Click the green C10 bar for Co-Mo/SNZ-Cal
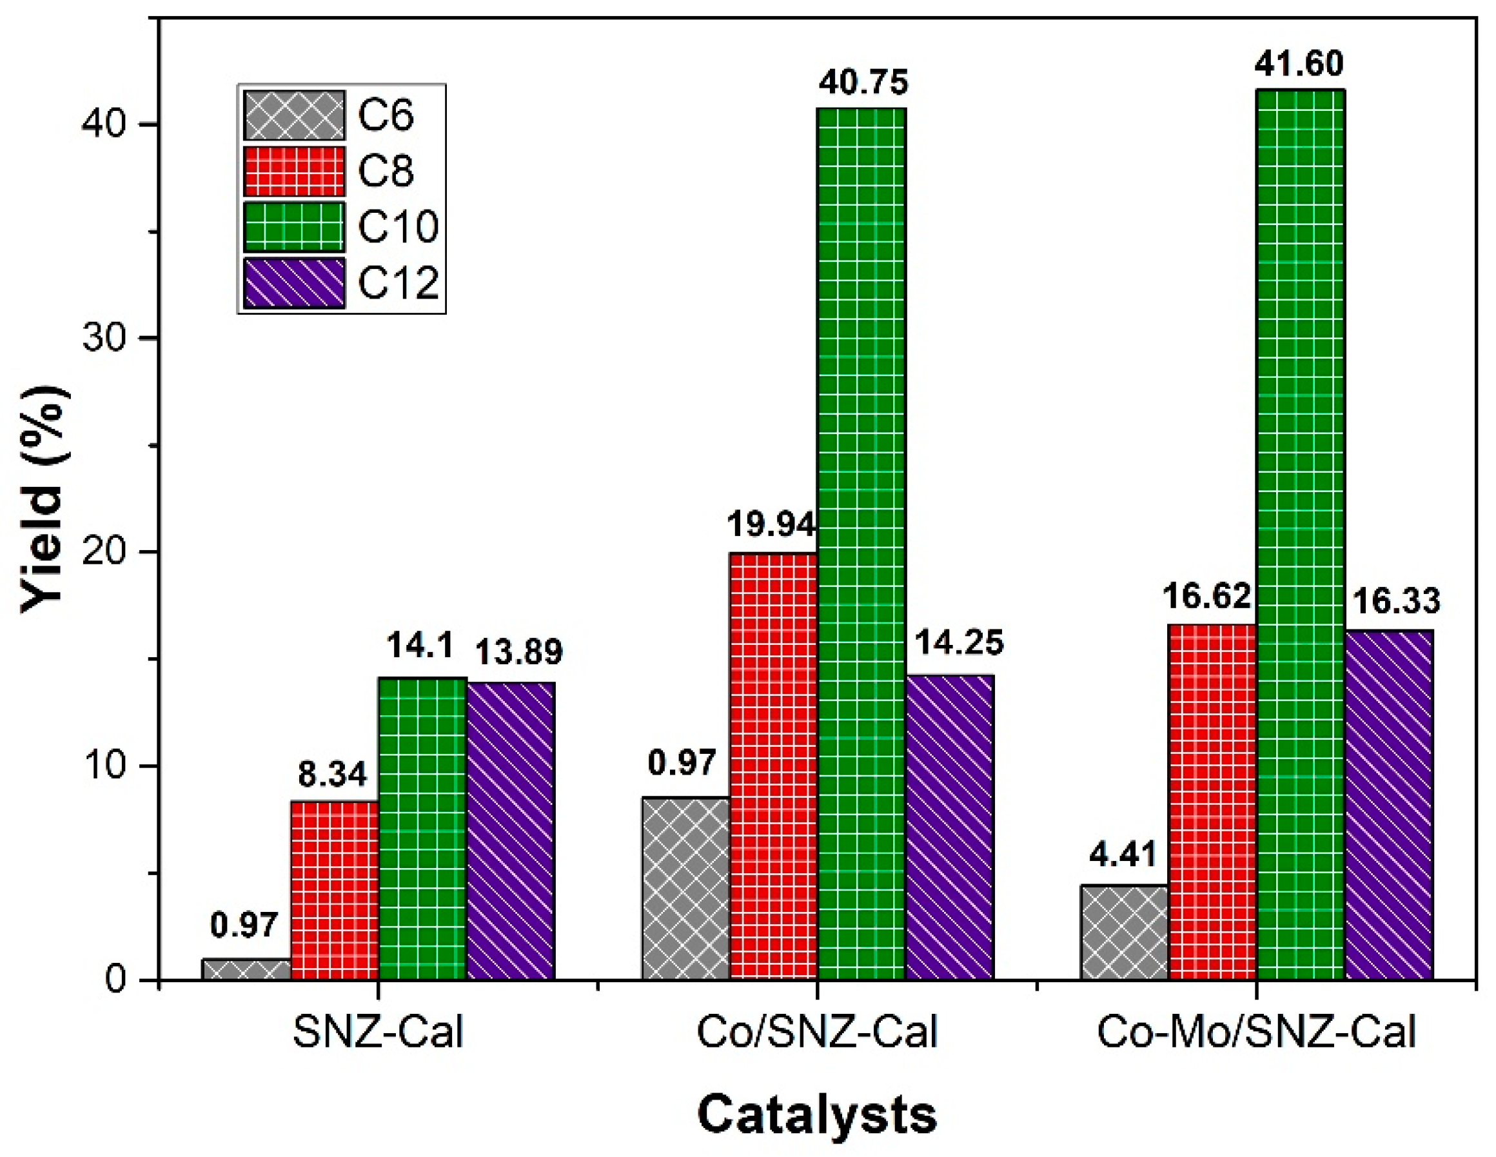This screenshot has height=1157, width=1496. (1300, 534)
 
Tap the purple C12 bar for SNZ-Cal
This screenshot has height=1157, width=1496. (510, 830)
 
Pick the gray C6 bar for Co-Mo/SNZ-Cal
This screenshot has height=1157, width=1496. (1124, 933)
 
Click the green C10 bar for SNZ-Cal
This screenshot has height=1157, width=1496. (422, 828)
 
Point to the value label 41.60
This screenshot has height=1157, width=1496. (1299, 64)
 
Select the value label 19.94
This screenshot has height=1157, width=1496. (771, 526)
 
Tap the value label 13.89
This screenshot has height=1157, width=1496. (518, 652)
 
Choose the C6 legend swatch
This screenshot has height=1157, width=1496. (294, 115)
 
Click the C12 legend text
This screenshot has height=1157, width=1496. (398, 282)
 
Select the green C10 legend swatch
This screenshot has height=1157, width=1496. (294, 227)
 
